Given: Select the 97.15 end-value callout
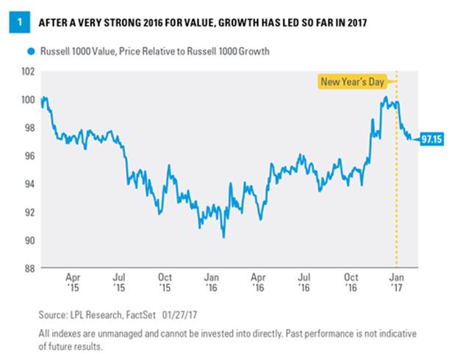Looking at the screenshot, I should pyautogui.click(x=429, y=139).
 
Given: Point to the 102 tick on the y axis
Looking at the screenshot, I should pyautogui.click(x=29, y=71).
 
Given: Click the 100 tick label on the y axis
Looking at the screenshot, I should pyautogui.click(x=29, y=99).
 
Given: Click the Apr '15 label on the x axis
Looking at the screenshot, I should pyautogui.click(x=73, y=283).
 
